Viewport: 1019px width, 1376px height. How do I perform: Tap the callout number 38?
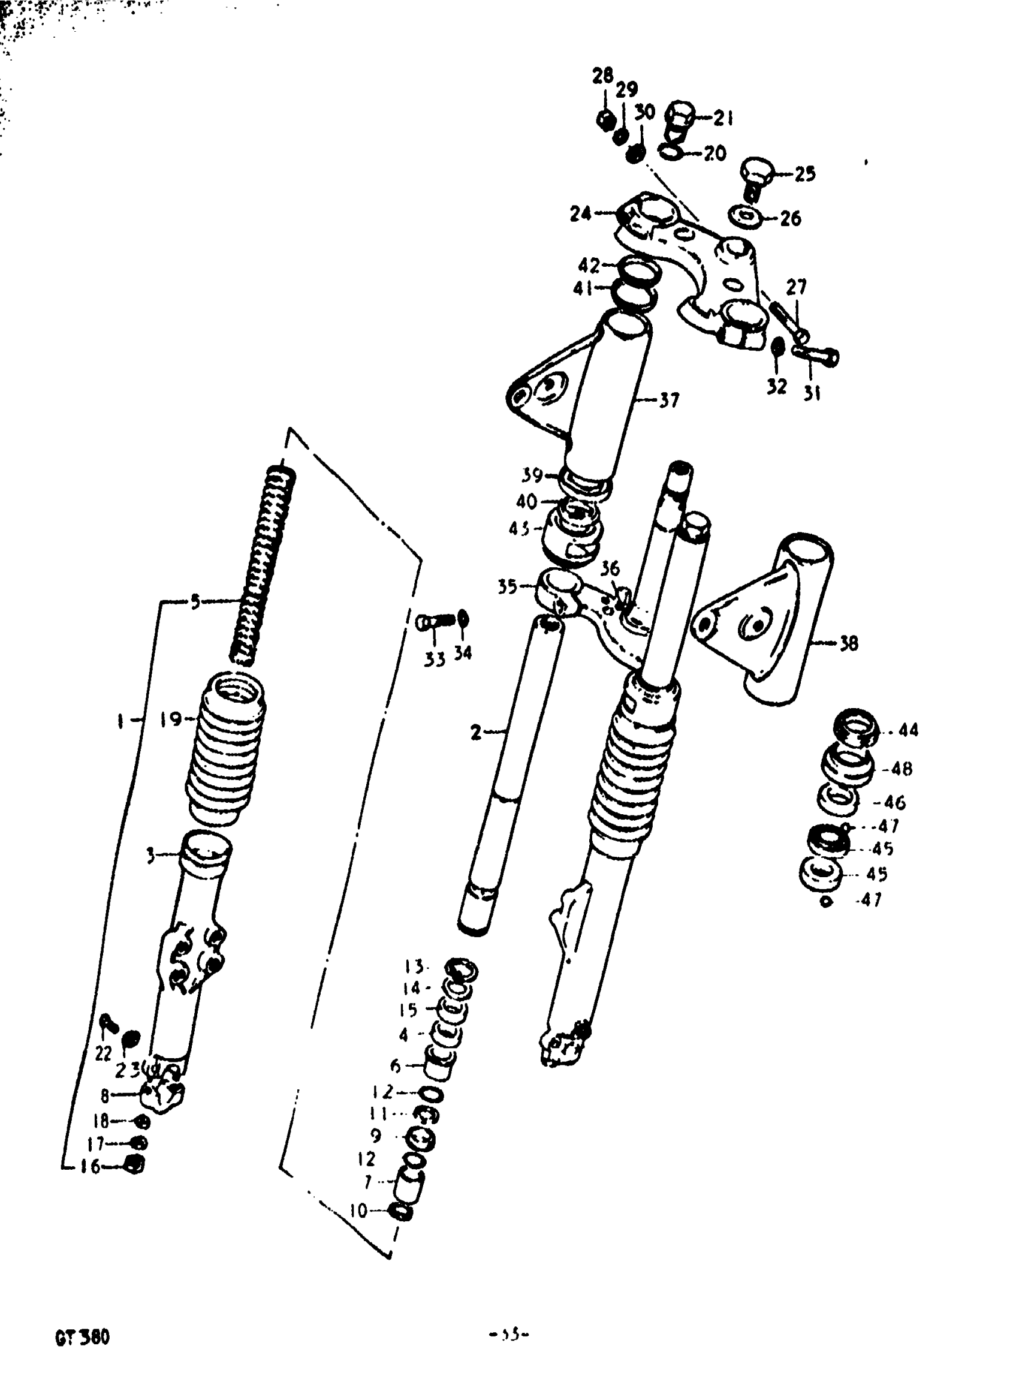coord(849,643)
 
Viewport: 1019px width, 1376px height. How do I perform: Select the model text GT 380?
coord(82,1338)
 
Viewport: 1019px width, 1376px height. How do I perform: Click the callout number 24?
coord(580,213)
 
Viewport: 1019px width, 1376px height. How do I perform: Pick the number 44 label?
coord(908,731)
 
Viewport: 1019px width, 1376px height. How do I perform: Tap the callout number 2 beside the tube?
coord(475,733)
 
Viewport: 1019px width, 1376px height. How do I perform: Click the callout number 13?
coord(414,966)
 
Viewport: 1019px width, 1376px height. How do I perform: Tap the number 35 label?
coord(507,586)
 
